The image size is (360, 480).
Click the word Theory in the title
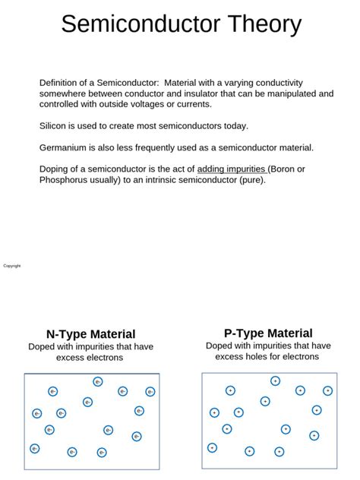(258, 24)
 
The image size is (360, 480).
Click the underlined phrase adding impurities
(232, 169)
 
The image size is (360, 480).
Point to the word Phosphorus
(67, 180)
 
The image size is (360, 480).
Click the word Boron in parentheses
(285, 169)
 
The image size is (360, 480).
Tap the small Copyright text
(12, 266)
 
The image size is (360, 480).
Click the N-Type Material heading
(91, 334)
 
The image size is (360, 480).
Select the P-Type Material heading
(268, 333)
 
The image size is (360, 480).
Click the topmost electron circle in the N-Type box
(98, 382)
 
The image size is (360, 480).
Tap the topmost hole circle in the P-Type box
(275, 381)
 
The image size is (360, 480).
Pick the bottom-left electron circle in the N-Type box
(34, 448)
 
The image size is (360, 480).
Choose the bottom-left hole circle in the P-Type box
(212, 447)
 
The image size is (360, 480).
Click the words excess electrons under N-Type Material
(90, 358)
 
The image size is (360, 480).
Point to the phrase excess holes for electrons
(267, 356)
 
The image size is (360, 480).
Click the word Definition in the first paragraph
(62, 83)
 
